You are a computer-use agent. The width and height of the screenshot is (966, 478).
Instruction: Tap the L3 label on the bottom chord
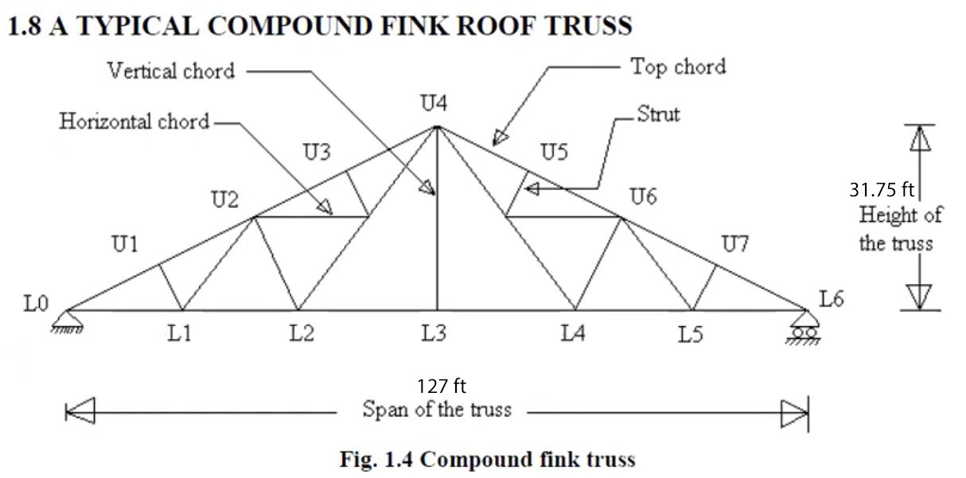434,333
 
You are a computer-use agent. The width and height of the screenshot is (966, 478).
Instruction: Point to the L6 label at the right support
831,300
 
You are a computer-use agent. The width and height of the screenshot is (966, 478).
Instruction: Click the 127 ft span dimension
442,387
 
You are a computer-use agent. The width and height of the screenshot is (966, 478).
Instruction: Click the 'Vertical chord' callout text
171,71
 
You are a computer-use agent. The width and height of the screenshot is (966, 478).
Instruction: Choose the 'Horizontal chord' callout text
134,122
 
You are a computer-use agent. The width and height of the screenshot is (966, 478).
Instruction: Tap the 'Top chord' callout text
678,67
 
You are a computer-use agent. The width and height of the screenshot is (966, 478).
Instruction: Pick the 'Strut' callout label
659,115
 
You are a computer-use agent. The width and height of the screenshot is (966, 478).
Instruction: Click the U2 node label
225,200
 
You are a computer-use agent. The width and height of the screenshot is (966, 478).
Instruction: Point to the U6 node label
643,196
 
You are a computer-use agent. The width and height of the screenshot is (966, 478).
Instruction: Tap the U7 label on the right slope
735,244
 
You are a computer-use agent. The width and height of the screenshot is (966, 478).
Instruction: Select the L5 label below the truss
690,335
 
